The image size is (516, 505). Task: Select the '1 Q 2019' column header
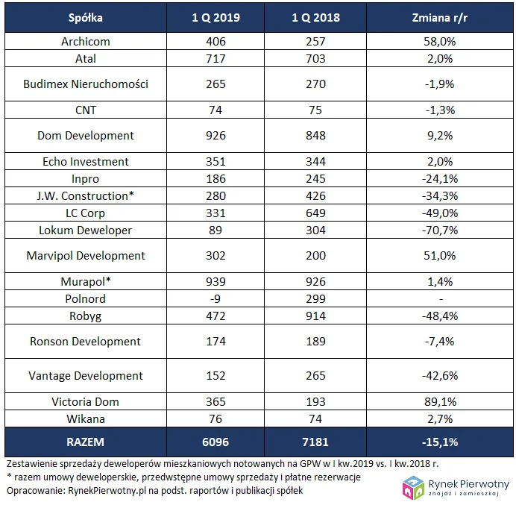pyautogui.click(x=215, y=18)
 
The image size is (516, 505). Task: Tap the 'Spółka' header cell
pyautogui.click(x=86, y=18)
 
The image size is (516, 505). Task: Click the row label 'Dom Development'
pyautogui.click(x=86, y=136)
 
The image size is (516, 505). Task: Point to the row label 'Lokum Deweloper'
pyautogui.click(x=86, y=230)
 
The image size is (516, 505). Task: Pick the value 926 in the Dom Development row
pyautogui.click(x=215, y=136)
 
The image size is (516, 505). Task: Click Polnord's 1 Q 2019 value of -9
pyautogui.click(x=215, y=299)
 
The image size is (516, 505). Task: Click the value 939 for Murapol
pyautogui.click(x=215, y=282)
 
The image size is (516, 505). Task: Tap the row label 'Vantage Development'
pyautogui.click(x=86, y=376)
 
